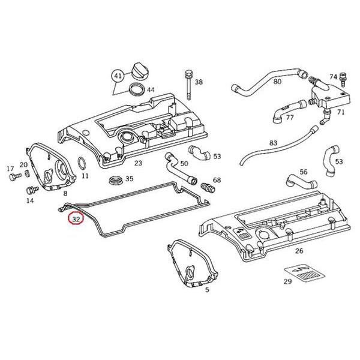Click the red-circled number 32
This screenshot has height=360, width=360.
(76, 220)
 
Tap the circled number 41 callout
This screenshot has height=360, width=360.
(117, 76)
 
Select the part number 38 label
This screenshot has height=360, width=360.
(199, 82)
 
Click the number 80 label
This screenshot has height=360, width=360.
(277, 81)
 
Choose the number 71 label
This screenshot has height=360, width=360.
(340, 112)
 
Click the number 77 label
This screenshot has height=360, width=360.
(290, 117)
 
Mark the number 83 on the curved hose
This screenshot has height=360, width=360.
(273, 143)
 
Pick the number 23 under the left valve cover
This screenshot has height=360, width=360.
(138, 163)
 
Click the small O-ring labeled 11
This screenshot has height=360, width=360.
(82, 163)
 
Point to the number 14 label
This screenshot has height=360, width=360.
(29, 201)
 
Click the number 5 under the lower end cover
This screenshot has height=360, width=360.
(207, 290)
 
